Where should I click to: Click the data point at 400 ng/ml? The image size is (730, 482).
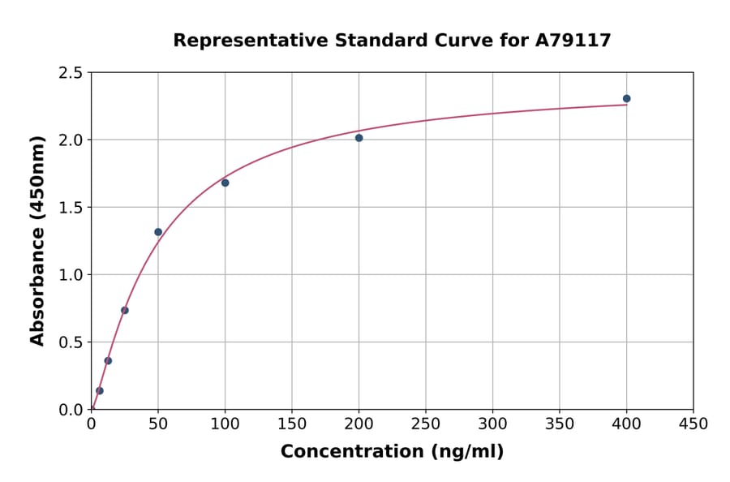626,99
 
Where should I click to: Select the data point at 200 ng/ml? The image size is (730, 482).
359,138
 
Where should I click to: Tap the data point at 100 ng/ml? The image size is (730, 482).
225,183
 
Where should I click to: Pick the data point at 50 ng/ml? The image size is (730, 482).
158,232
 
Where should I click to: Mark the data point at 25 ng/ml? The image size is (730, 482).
125,310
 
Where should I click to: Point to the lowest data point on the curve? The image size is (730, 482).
100,390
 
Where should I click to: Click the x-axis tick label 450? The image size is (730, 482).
693,424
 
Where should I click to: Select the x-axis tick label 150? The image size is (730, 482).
292,424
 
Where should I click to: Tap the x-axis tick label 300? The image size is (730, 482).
492,424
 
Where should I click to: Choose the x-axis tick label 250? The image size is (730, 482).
426,424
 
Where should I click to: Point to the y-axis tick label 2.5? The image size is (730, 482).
71,73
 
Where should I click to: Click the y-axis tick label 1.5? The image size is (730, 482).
71,208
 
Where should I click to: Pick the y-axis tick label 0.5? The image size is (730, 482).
71,342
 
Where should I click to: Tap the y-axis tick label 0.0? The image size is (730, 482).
71,410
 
